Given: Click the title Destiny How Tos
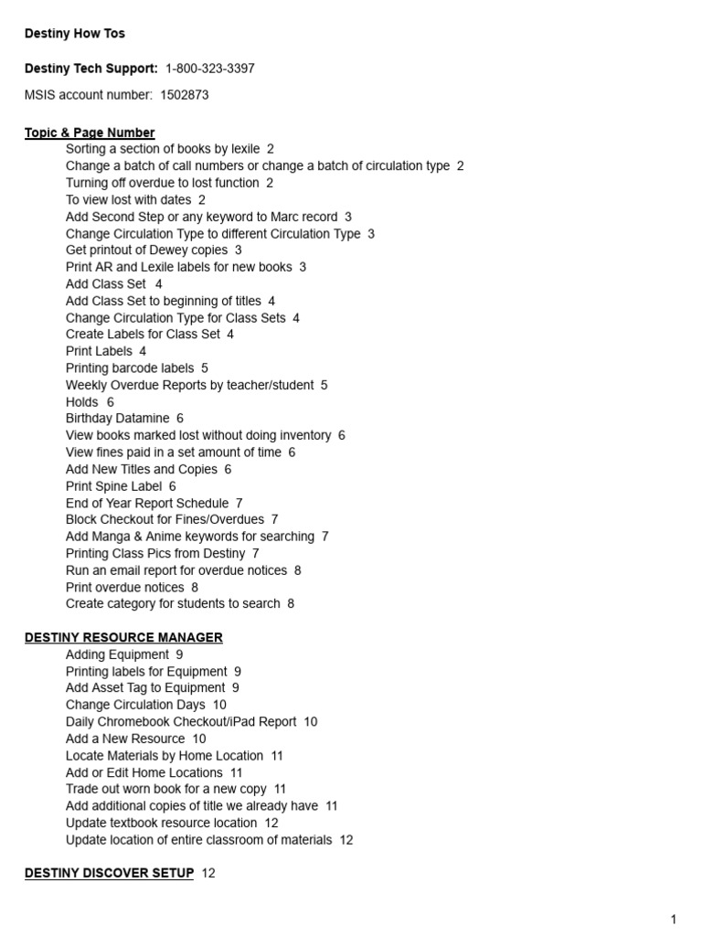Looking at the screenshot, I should pos(75,34).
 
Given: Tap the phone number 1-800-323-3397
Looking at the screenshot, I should pos(209,69).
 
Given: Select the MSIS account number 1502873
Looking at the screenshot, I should pos(185,95).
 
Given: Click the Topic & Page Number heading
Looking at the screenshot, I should pos(90,133).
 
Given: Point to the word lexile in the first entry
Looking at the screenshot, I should pos(241,149).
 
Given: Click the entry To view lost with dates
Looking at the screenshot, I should pos(129,200).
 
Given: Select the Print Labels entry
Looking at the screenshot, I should pos(99,351).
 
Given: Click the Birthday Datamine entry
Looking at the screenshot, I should pos(117,419).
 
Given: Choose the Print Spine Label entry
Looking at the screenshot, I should pos(113,486).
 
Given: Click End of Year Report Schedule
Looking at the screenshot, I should pos(147,503).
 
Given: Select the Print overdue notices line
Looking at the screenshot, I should pos(124,587).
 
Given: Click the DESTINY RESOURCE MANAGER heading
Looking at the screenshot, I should pos(123,638).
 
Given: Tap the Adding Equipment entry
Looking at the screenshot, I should pos(117,654).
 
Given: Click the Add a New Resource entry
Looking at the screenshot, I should pos(125,739).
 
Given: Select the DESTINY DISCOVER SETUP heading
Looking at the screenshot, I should pos(109,874).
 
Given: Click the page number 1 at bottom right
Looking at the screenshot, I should pos(674,920).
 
